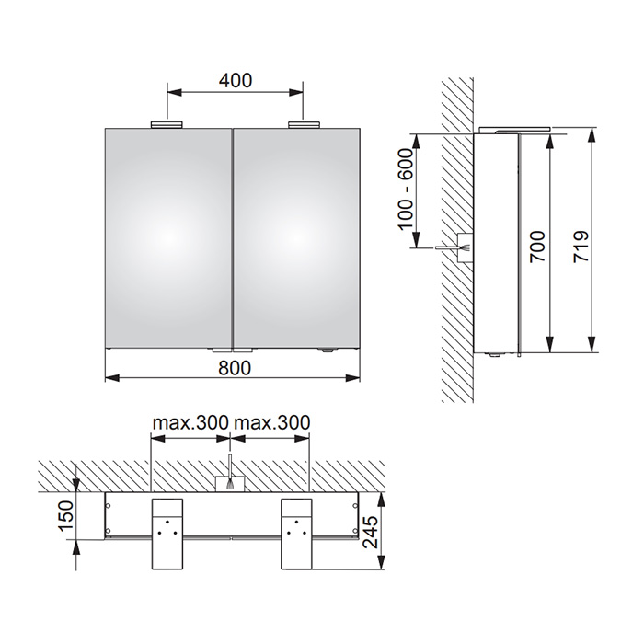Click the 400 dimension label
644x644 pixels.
[x=235, y=81]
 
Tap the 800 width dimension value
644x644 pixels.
[x=235, y=368]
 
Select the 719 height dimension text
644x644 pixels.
[x=581, y=247]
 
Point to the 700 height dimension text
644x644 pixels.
[x=537, y=247]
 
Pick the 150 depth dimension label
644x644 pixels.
[x=65, y=516]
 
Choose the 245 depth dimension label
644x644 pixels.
[x=372, y=533]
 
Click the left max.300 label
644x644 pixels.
[x=190, y=422]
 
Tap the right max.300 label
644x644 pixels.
[x=271, y=422]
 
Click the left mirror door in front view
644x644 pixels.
[x=168, y=238]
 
